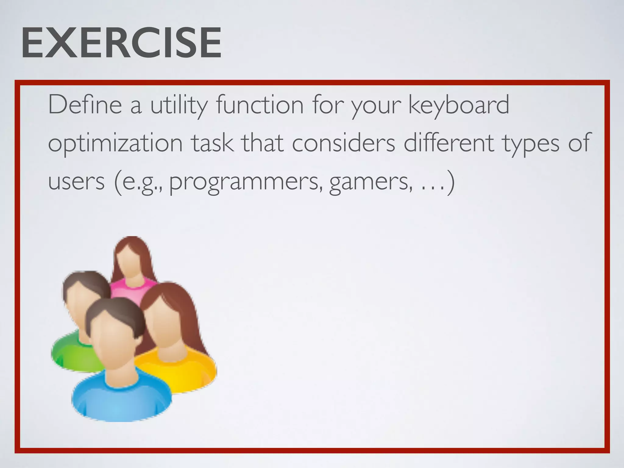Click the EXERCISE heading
(121, 43)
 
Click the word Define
(85, 105)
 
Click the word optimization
(115, 143)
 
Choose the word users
(76, 182)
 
